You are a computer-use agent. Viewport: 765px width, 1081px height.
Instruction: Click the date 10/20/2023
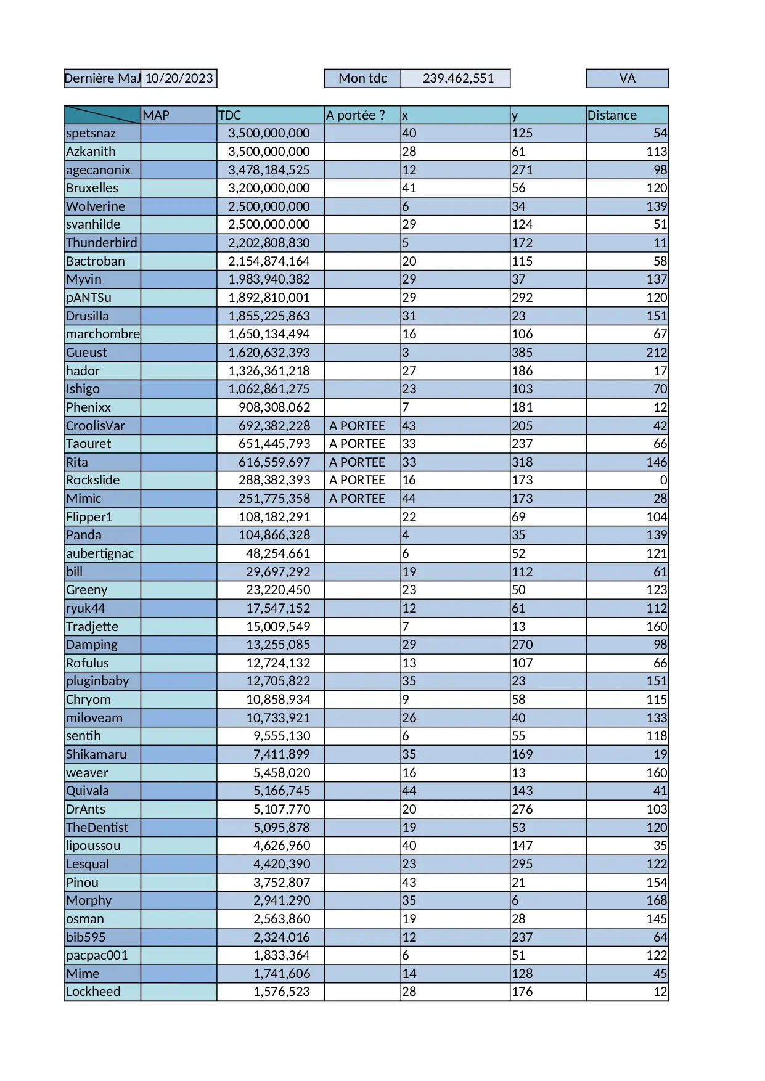tap(179, 78)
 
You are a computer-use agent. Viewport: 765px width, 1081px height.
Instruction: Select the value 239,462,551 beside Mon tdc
tap(458, 78)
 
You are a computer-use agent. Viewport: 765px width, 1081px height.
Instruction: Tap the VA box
tap(627, 78)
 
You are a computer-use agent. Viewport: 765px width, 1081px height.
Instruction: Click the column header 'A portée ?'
tap(356, 115)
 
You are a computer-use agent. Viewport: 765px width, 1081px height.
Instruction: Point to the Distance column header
tap(612, 115)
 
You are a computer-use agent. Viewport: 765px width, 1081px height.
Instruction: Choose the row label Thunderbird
tap(102, 243)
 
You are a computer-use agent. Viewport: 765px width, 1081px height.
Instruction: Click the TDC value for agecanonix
tap(269, 170)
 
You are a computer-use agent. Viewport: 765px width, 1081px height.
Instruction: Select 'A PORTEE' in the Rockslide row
tap(357, 480)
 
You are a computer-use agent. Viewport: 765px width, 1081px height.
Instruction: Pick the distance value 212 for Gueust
tap(656, 353)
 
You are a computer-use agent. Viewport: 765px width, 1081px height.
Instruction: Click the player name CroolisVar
tap(96, 426)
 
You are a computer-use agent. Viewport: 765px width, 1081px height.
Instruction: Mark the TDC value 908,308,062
tap(274, 407)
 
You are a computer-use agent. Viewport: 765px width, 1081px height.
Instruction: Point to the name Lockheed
tap(93, 992)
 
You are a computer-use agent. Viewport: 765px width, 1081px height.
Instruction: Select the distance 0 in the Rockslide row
tap(663, 480)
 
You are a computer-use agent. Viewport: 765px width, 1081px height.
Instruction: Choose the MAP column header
tap(156, 115)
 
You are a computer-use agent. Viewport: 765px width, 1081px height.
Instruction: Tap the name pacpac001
tap(97, 955)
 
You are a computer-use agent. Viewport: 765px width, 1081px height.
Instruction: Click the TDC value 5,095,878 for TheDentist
tap(282, 828)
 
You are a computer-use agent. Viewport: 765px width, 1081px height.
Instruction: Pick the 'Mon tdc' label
tap(362, 78)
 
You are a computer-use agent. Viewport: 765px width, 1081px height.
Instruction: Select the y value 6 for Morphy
tap(515, 900)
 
